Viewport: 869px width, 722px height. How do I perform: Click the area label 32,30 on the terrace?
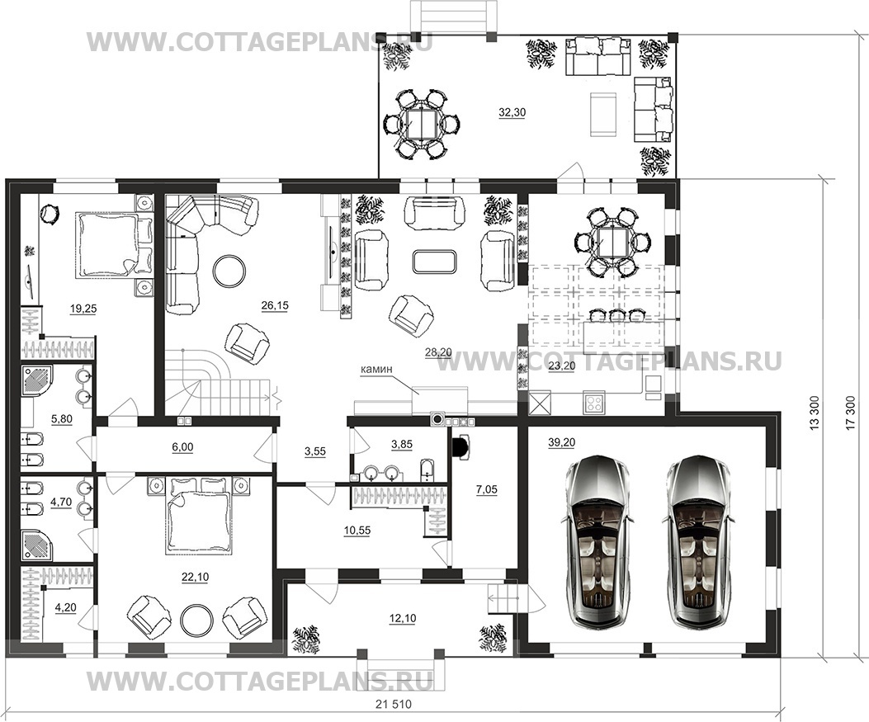click(512, 112)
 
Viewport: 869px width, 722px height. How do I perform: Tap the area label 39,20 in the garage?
click(561, 442)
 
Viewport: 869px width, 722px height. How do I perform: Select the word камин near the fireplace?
click(376, 368)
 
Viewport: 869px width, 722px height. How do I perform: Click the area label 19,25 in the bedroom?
click(83, 309)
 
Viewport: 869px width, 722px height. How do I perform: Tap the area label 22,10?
click(195, 577)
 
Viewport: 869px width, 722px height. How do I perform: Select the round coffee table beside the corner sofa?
click(230, 271)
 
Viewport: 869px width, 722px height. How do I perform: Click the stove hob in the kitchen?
click(593, 402)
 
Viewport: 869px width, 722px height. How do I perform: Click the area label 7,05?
click(487, 489)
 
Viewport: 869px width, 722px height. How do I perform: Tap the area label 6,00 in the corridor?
click(183, 446)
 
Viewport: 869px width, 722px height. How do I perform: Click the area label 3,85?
click(402, 444)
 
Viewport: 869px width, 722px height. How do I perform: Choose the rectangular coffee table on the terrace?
click(603, 114)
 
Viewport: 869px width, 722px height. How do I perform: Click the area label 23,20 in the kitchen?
click(561, 366)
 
